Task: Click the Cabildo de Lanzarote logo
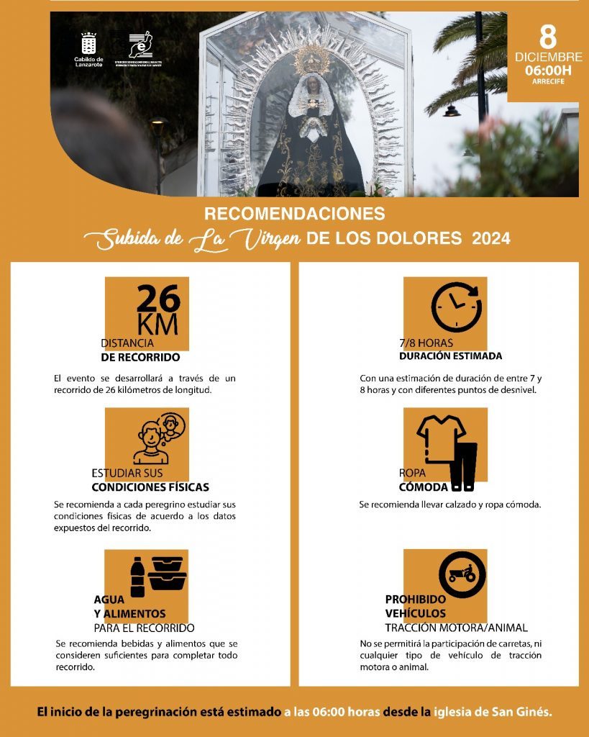click(x=88, y=48)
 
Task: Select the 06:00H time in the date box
click(x=548, y=71)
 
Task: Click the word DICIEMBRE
click(x=548, y=57)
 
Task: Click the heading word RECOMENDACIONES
click(x=294, y=214)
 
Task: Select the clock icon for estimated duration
click(x=456, y=307)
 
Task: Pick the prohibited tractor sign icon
click(x=462, y=574)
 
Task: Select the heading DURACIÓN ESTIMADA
click(x=450, y=356)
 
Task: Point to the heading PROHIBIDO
click(x=415, y=599)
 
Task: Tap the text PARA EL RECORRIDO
click(x=144, y=628)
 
